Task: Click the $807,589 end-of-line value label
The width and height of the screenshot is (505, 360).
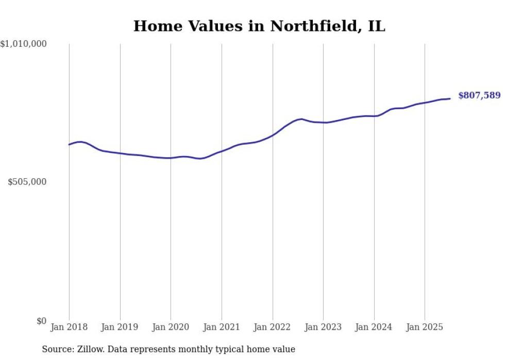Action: click(479, 95)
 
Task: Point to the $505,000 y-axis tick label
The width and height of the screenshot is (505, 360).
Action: click(28, 182)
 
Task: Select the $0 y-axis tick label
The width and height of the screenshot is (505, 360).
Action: click(42, 321)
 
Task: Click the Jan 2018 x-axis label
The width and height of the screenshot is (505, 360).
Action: click(69, 327)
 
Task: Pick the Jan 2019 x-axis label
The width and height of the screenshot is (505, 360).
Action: click(120, 327)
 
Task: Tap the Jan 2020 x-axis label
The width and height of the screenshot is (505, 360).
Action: click(171, 327)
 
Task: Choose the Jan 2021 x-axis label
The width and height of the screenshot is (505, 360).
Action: click(222, 327)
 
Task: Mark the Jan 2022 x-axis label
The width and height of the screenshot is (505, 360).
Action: click(273, 327)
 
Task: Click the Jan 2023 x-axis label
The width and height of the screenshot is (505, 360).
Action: click(323, 327)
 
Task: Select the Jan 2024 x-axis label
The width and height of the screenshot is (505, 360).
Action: click(374, 327)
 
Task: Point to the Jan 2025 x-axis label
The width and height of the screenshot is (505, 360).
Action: click(425, 327)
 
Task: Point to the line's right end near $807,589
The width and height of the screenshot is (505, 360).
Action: click(450, 98)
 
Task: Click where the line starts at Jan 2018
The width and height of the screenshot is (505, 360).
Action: click(69, 144)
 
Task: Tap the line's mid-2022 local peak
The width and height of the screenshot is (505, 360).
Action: click(301, 119)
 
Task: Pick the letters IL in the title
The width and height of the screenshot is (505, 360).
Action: click(377, 26)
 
